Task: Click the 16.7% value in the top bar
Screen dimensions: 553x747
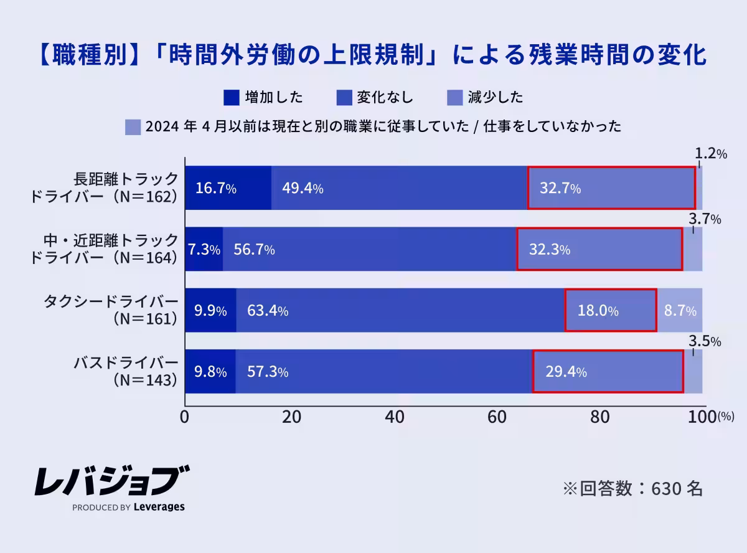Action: tap(215, 189)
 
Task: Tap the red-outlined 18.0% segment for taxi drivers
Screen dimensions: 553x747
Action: tap(610, 311)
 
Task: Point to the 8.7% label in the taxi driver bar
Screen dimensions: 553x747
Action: tap(680, 311)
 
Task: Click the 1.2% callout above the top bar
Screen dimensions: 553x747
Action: tap(710, 154)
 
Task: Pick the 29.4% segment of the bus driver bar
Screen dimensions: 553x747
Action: tap(608, 372)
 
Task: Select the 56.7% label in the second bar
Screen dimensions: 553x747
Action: tap(254, 250)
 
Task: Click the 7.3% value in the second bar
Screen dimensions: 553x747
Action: tap(204, 250)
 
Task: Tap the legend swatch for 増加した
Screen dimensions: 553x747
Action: tap(231, 98)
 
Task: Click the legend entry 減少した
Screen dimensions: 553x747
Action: tap(496, 98)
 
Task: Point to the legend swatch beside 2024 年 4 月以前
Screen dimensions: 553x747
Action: tap(133, 127)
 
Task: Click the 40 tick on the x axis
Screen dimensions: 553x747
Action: tap(392, 417)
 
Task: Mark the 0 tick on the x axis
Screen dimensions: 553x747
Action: tap(185, 417)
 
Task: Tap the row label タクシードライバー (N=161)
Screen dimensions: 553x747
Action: tap(111, 310)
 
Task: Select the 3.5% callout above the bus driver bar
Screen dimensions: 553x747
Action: tap(705, 342)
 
